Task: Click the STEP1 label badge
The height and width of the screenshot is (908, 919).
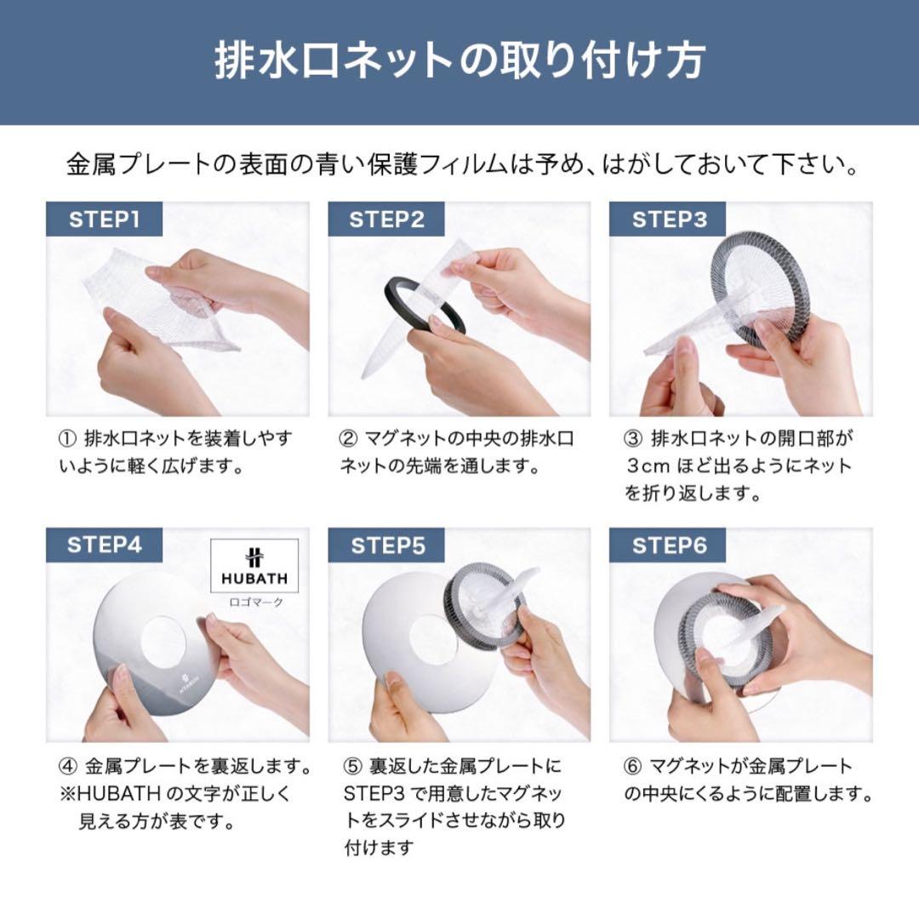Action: coord(103,220)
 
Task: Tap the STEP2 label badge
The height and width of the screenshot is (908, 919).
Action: coord(386,220)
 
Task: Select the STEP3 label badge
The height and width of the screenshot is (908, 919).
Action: coord(669,220)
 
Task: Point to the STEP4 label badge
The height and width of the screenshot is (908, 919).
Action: coord(103,545)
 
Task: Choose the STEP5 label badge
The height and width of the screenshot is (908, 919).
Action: coord(386,545)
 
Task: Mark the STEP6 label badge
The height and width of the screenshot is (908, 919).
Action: coord(669,545)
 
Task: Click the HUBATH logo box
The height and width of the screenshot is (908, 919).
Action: coord(254,565)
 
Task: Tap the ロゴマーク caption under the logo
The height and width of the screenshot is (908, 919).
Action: coord(254,602)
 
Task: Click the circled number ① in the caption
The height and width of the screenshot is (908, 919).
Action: coord(66,439)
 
